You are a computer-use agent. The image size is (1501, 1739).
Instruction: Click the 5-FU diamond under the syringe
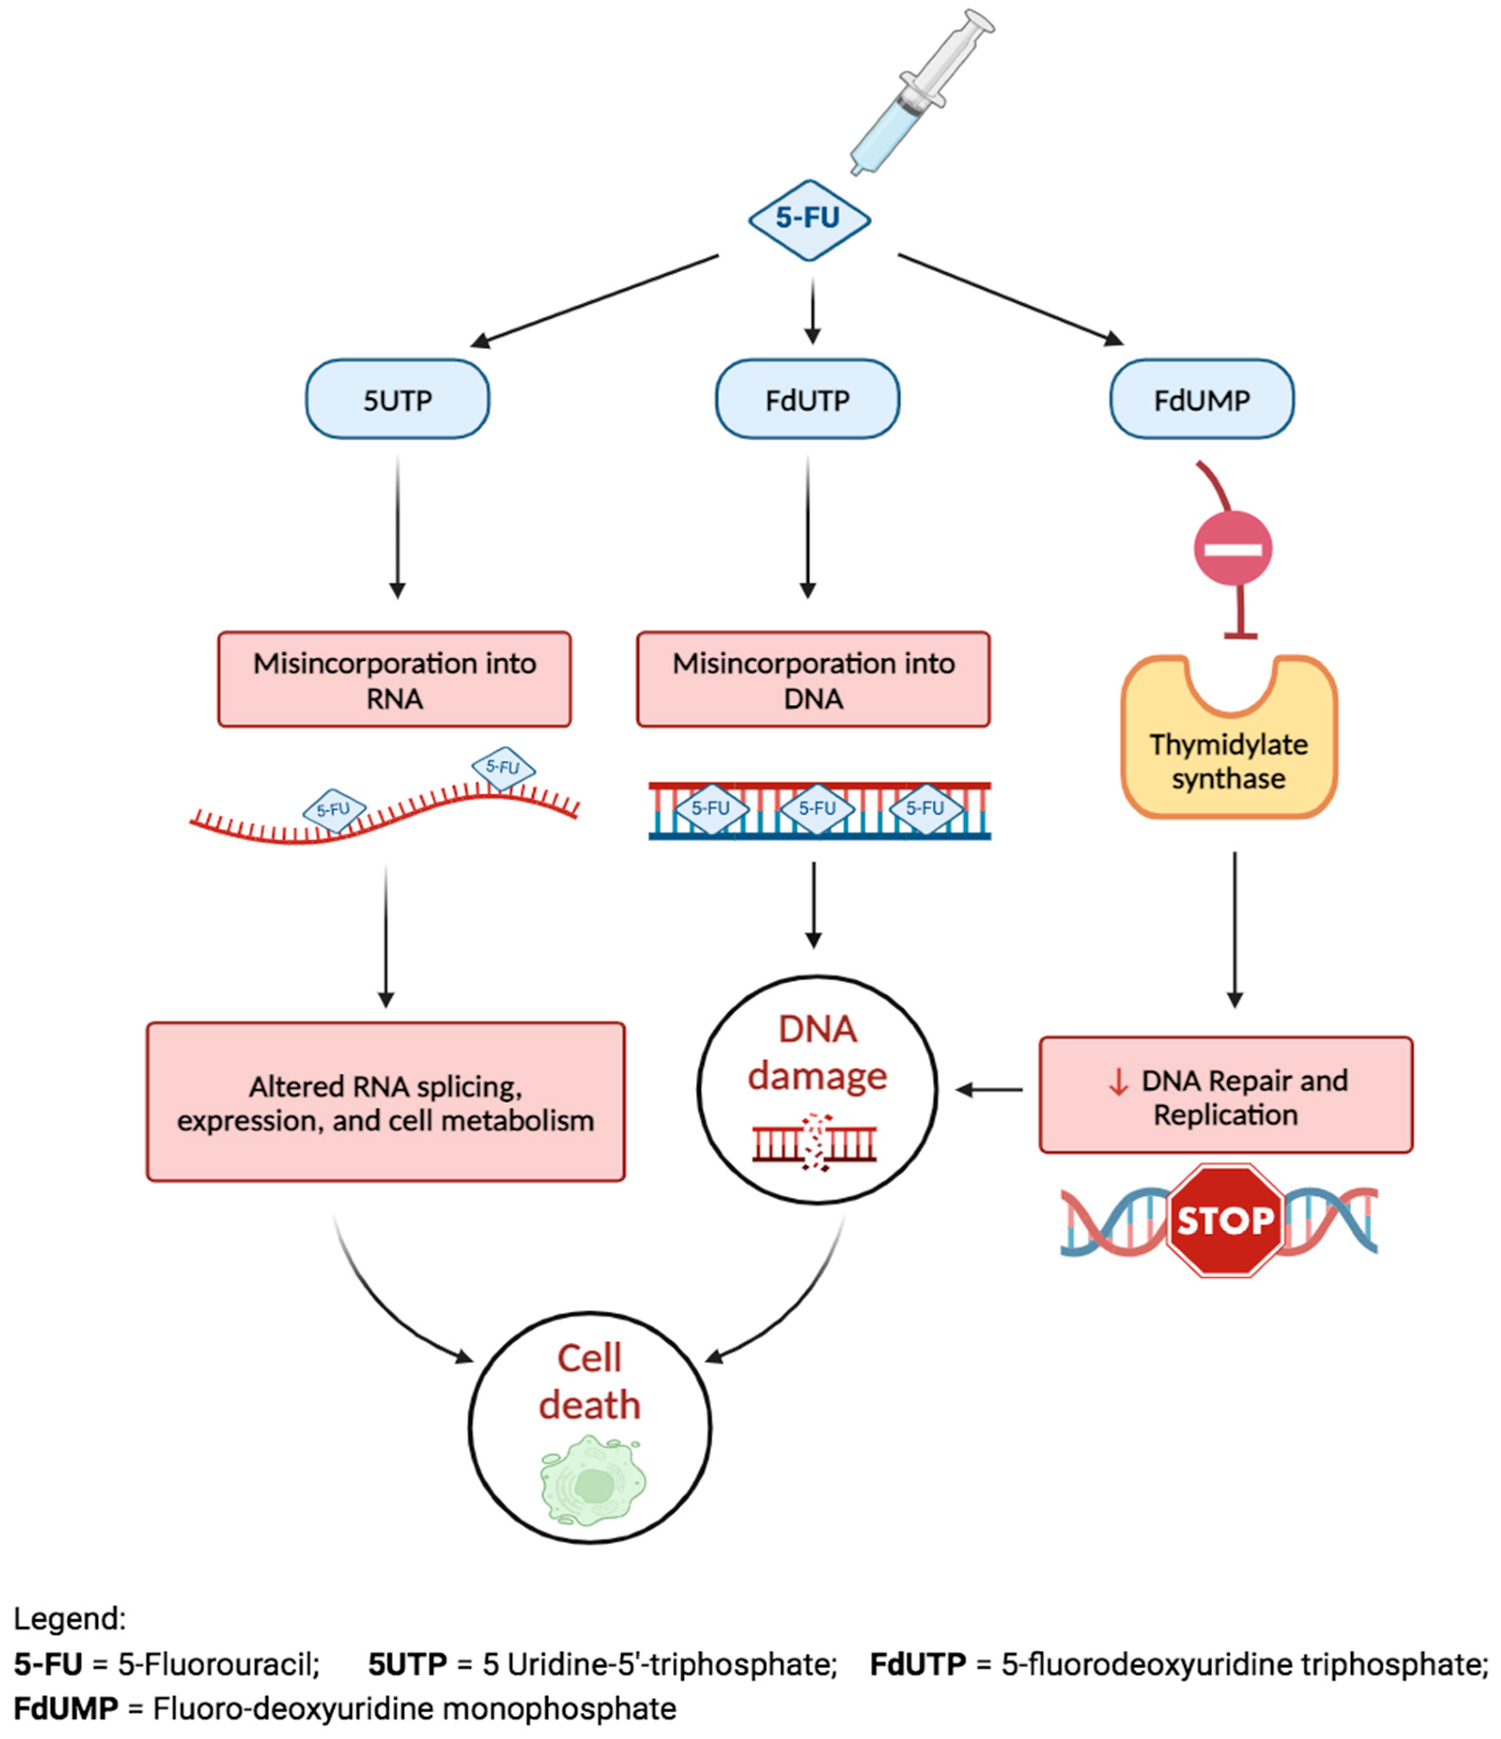pos(808,219)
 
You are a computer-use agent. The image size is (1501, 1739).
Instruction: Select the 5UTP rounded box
pos(397,400)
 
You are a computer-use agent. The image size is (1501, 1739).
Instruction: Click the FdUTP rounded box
pos(808,400)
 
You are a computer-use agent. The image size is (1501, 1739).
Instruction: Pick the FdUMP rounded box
pos(1201,400)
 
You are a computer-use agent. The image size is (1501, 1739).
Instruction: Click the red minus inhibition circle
pos(1232,549)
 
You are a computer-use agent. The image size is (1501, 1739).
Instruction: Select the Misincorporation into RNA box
pos(394,680)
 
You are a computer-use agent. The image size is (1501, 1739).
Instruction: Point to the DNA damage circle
pos(817,1089)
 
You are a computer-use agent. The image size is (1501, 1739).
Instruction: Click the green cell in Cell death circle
pos(593,1481)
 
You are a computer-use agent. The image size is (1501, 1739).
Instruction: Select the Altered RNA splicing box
pos(385,1102)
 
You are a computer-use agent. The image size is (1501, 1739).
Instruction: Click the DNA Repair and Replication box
pos(1226,1095)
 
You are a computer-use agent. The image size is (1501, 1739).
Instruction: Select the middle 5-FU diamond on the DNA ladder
pos(817,808)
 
